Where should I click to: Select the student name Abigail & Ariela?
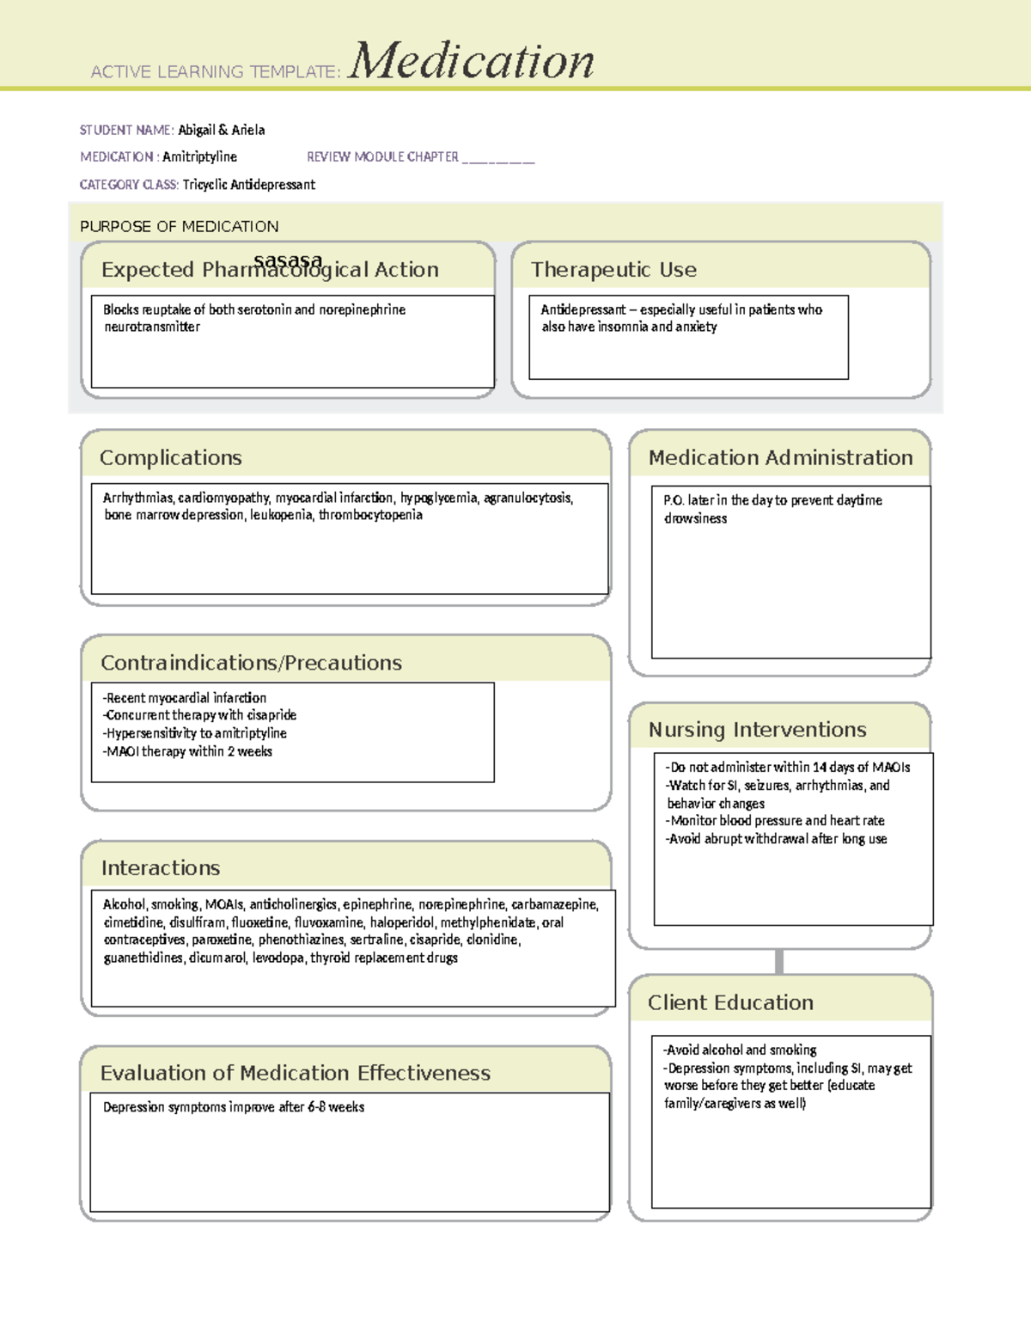(222, 130)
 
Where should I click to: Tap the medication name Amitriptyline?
(199, 156)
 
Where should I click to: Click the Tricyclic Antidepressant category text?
(248, 184)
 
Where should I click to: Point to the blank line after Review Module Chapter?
(498, 158)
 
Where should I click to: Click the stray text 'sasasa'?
(288, 260)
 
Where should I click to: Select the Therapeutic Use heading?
(613, 270)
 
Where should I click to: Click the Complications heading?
(170, 458)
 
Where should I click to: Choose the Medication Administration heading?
(780, 458)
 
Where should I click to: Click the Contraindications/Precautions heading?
(251, 663)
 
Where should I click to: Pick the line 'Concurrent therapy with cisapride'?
(199, 715)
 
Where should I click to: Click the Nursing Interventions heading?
(757, 730)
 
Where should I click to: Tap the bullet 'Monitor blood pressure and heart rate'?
(775, 821)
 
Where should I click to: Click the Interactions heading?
(161, 868)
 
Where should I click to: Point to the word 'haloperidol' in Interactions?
(401, 922)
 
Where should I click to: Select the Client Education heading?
(730, 1003)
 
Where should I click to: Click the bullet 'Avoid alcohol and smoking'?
(740, 1050)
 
